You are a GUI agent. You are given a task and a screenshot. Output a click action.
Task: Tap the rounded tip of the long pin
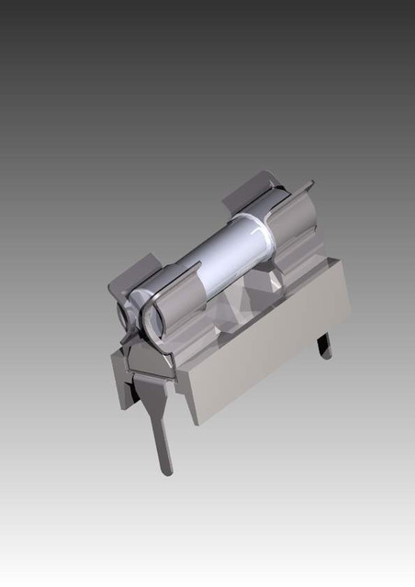click(x=166, y=471)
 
